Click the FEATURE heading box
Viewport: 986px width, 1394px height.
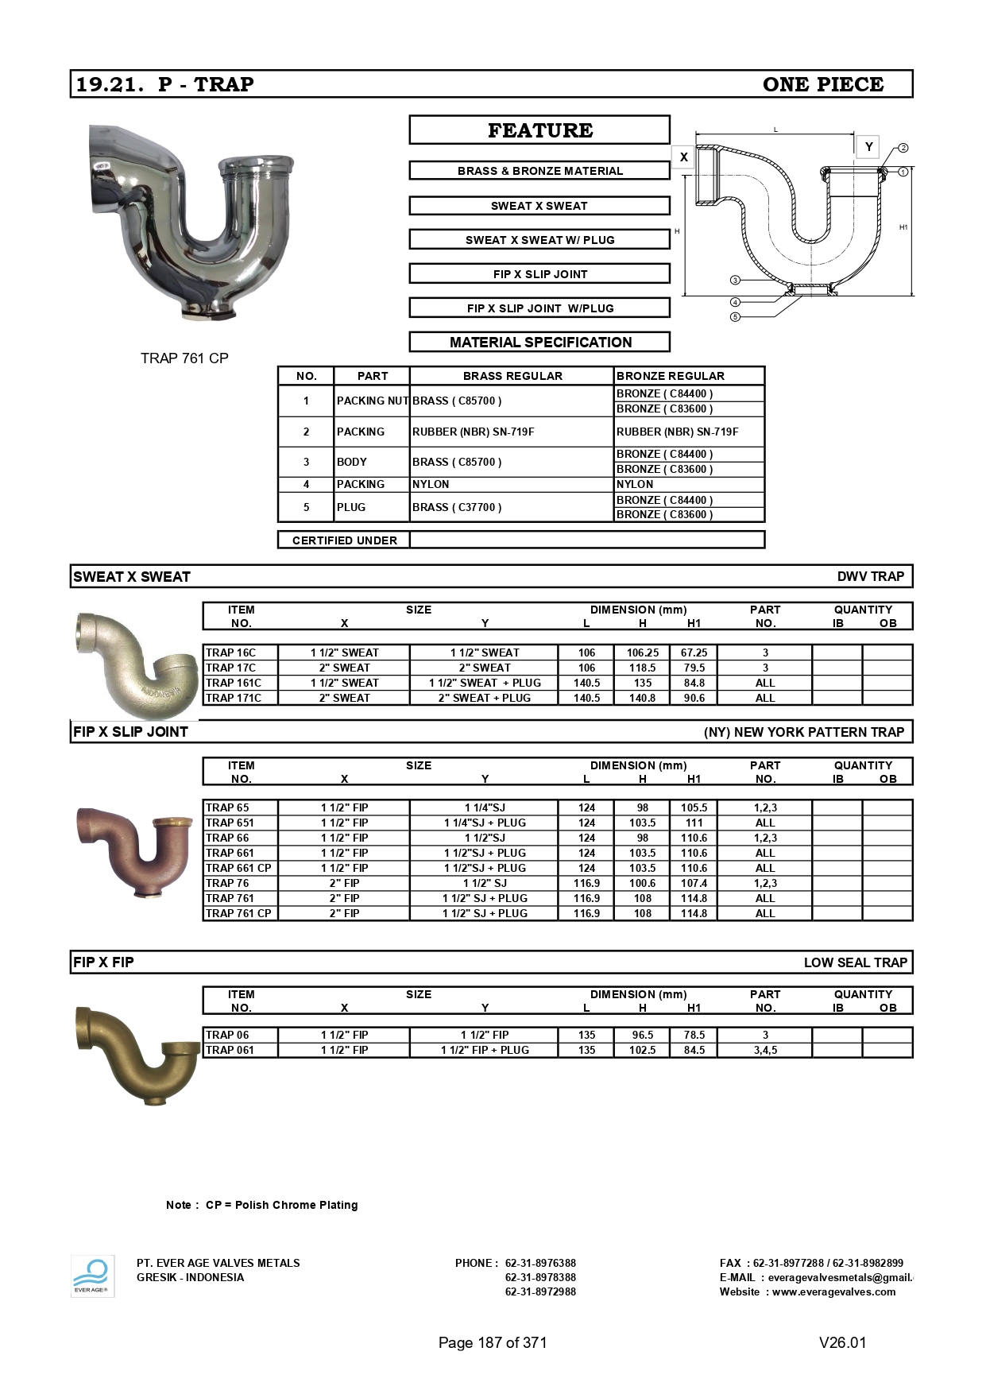[539, 130]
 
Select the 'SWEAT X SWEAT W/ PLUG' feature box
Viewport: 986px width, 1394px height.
[539, 240]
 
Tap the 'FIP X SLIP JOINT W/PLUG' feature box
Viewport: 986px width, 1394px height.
[539, 308]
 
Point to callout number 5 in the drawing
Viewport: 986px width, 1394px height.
[736, 317]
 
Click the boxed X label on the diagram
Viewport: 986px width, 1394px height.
[683, 157]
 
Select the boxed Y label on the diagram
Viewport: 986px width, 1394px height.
[868, 147]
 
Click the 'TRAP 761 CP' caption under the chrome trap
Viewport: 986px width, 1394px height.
[184, 358]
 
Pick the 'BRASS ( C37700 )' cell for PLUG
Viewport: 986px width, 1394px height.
[457, 507]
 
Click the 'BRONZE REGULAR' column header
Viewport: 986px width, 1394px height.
[671, 376]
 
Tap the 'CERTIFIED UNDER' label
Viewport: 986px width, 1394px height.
[344, 540]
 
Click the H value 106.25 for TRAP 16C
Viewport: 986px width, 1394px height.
[642, 652]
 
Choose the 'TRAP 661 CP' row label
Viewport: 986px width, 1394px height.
[238, 868]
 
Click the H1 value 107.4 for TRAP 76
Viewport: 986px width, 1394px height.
[694, 883]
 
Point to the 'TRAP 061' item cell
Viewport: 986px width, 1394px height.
[230, 1050]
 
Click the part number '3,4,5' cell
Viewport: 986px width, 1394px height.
[765, 1050]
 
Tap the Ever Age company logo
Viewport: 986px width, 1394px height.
[92, 1276]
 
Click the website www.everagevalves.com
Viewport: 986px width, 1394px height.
[833, 1291]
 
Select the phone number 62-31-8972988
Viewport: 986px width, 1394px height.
[540, 1291]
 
